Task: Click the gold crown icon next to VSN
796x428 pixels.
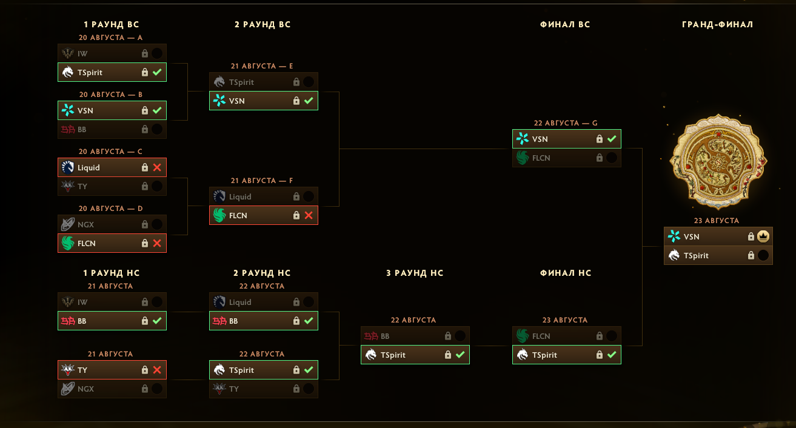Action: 763,236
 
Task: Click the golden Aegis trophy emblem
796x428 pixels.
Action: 718,161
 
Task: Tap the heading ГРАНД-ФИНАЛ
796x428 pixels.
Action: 717,24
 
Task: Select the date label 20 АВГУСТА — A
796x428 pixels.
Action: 110,38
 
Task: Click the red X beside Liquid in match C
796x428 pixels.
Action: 157,167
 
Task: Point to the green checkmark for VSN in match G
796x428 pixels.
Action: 612,139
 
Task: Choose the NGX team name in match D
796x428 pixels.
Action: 85,225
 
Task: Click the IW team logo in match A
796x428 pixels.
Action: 67,53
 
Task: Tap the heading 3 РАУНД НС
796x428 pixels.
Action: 415,273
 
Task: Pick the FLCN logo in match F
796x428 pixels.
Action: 219,215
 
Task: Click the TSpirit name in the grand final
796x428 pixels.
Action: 696,256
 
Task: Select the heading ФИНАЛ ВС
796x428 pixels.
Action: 565,24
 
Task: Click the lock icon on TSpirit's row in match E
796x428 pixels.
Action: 296,82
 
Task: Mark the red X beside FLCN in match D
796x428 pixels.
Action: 157,243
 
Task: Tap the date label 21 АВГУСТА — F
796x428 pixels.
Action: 262,181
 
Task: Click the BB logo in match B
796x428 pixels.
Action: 67,129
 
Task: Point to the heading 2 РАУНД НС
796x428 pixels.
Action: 262,273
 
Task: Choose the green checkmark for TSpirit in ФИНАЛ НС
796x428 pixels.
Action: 612,355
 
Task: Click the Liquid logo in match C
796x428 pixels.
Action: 67,167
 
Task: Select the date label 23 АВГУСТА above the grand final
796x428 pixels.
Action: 717,221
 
